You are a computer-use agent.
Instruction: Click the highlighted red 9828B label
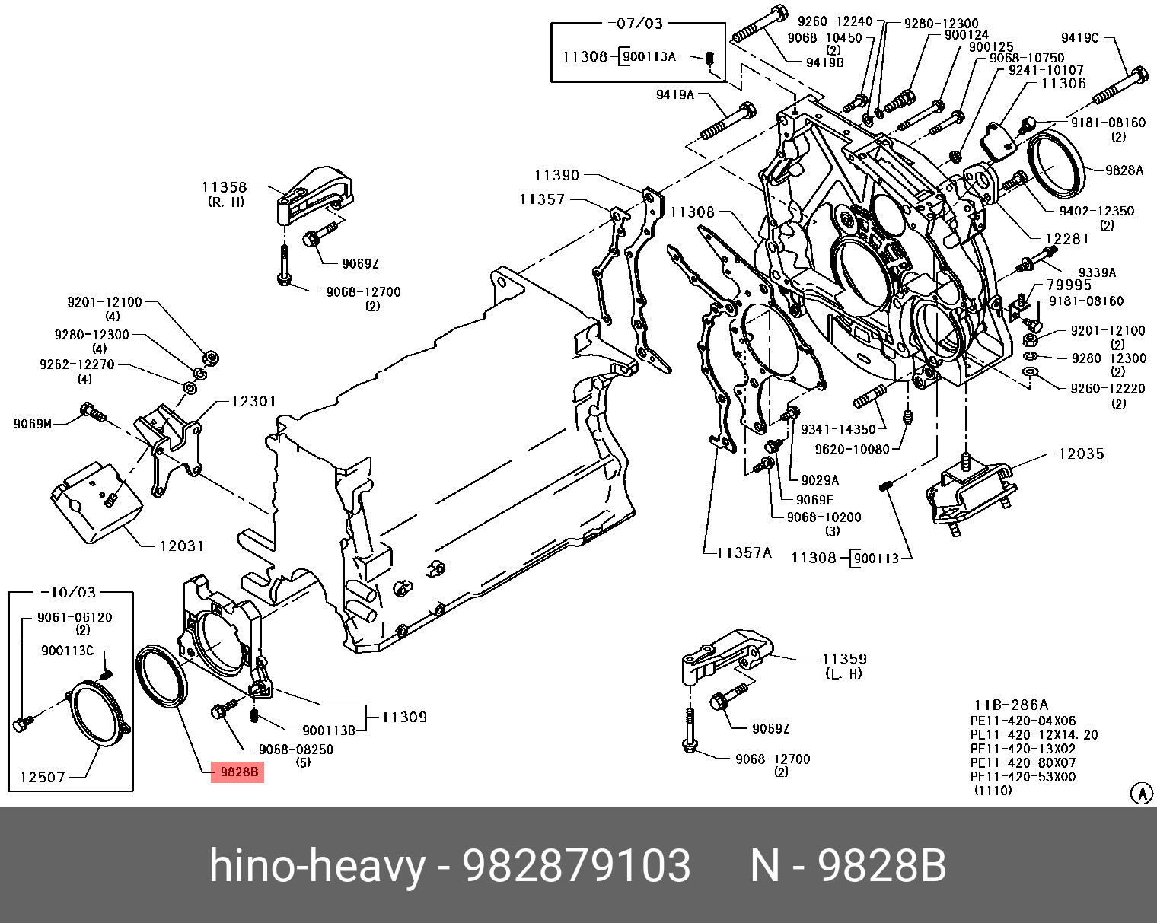coord(239,772)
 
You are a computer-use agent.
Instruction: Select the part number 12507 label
coord(43,777)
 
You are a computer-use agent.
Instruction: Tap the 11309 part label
coord(404,717)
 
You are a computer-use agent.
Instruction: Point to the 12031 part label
coord(182,546)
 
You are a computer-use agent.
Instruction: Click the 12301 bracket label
coord(253,401)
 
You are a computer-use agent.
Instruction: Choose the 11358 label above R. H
coord(225,187)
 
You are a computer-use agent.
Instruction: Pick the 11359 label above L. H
coord(844,659)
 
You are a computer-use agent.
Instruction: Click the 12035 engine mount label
coord(1081,454)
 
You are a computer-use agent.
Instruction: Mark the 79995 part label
coord(1069,285)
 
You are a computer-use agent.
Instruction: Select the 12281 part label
coord(1066,239)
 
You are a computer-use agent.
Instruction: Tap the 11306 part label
coord(1063,84)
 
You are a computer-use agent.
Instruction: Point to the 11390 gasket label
coord(557,175)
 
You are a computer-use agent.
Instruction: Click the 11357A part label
coord(744,552)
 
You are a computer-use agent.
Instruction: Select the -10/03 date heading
coord(73,592)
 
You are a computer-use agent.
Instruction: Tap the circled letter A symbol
coord(1141,794)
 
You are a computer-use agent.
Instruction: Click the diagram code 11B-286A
coord(1011,705)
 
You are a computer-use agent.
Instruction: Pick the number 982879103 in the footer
coord(577,866)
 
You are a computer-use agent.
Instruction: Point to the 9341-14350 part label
coord(838,429)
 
